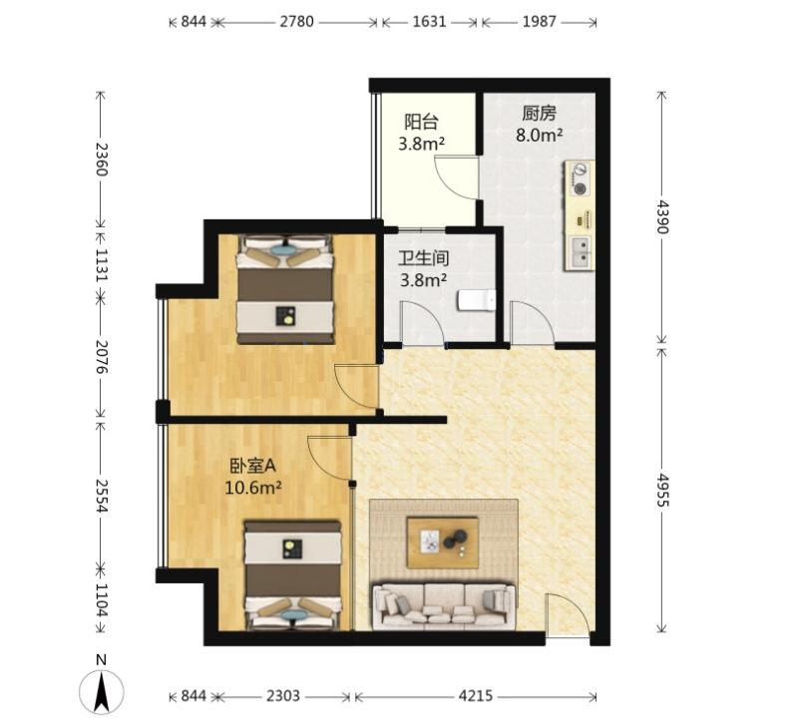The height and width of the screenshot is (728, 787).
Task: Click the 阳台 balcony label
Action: [x=422, y=122]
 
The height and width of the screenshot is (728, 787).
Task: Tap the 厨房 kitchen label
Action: [x=539, y=114]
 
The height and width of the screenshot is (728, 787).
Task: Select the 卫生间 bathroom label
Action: [x=423, y=258]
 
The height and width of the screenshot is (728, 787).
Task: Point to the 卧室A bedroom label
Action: [x=253, y=467]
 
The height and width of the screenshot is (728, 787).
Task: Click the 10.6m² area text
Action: [x=252, y=488]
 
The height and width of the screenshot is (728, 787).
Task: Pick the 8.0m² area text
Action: [x=539, y=135]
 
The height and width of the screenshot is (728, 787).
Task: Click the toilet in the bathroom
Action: [x=477, y=300]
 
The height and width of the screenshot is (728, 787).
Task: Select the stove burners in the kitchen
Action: [x=581, y=179]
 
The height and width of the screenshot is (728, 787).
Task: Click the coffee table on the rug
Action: [x=443, y=543]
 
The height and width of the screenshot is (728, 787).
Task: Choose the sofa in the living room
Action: [x=444, y=605]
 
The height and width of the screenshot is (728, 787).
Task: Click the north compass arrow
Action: [x=102, y=692]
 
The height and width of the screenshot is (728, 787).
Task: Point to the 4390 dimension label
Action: [x=663, y=216]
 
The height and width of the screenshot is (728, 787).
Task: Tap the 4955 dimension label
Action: [x=663, y=490]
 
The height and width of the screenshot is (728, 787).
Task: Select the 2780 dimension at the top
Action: [x=296, y=22]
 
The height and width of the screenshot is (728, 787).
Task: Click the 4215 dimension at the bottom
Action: [x=476, y=696]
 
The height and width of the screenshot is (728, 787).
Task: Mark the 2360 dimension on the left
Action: [x=102, y=160]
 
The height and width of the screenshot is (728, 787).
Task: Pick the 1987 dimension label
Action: [x=539, y=22]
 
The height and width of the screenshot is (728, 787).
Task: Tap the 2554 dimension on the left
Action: [x=102, y=496]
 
